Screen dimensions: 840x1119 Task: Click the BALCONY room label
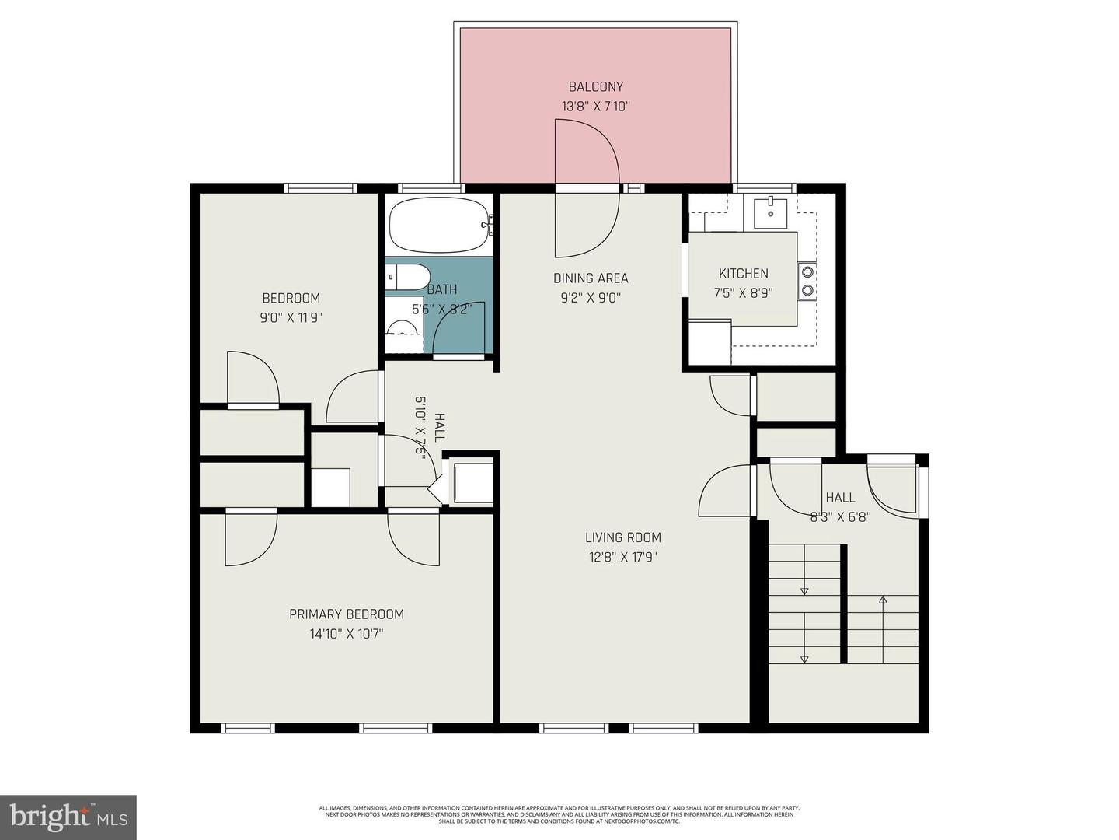point(595,87)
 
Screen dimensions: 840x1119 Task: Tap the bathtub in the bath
point(439,226)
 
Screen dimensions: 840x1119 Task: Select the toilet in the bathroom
point(409,277)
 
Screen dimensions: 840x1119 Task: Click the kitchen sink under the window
point(770,212)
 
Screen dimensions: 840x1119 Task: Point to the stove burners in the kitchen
point(808,281)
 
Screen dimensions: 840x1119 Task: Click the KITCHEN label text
point(743,273)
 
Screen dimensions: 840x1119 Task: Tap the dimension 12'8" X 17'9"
point(622,557)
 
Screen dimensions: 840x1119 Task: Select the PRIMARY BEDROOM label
point(346,614)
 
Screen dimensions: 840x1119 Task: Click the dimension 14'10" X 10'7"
point(346,634)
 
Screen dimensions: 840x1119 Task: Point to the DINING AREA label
point(591,278)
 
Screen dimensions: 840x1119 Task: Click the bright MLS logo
point(68,817)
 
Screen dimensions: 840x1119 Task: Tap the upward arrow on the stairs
point(883,600)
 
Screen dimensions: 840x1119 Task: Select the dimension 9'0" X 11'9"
point(291,317)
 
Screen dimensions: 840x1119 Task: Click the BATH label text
point(442,289)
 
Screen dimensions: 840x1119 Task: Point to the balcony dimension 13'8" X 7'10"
point(595,107)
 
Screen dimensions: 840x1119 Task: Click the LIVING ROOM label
point(622,537)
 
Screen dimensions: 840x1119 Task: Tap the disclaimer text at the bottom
point(559,814)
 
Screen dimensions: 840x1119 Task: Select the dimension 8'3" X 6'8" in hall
point(840,516)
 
